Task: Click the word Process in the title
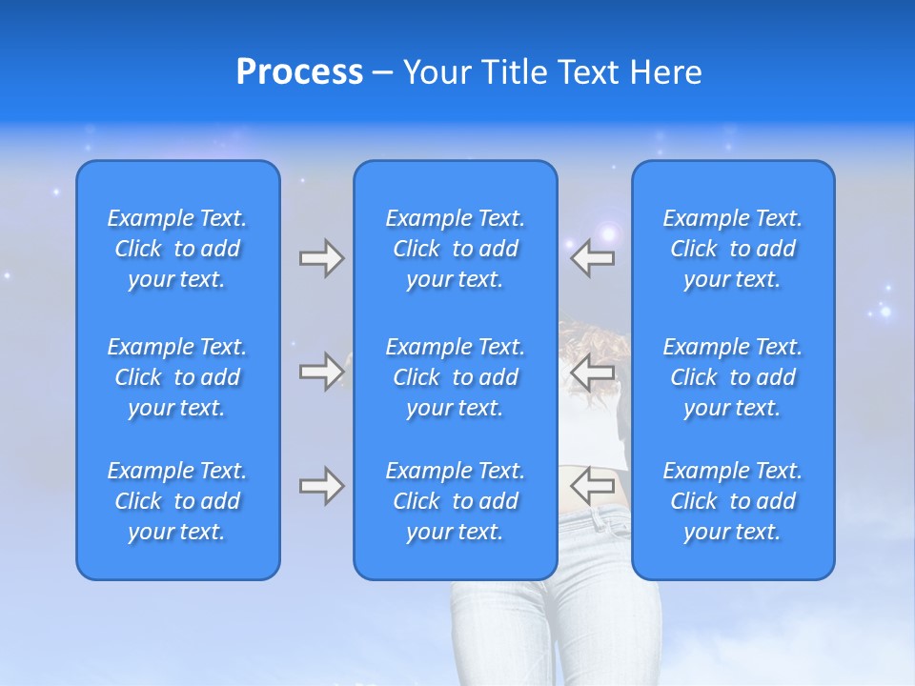click(x=299, y=72)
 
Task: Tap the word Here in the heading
click(x=665, y=72)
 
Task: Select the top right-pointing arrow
click(x=321, y=258)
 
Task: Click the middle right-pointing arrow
click(x=321, y=371)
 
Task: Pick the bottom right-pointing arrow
click(x=321, y=486)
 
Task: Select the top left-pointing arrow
click(x=592, y=258)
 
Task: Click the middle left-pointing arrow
click(x=592, y=371)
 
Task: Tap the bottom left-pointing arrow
click(x=592, y=486)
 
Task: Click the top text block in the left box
click(x=177, y=249)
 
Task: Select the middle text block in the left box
click(x=177, y=377)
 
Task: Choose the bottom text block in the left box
click(x=177, y=501)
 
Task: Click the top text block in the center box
click(x=455, y=249)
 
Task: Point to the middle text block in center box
click(x=455, y=377)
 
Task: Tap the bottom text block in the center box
click(x=455, y=501)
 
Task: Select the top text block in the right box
click(x=732, y=249)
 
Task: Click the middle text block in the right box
click(x=732, y=377)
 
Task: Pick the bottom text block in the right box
click(x=732, y=501)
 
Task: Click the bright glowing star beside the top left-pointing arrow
click(x=607, y=232)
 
